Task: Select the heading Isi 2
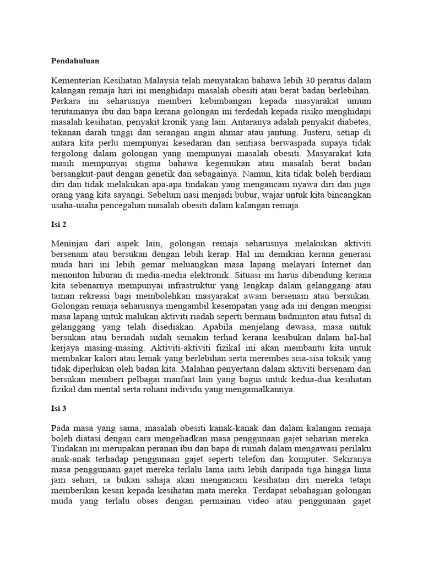pyautogui.click(x=58, y=225)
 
